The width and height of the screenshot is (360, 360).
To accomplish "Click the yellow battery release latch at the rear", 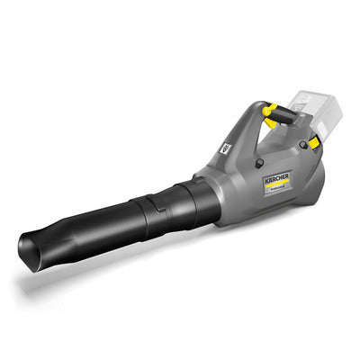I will [312, 142].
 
